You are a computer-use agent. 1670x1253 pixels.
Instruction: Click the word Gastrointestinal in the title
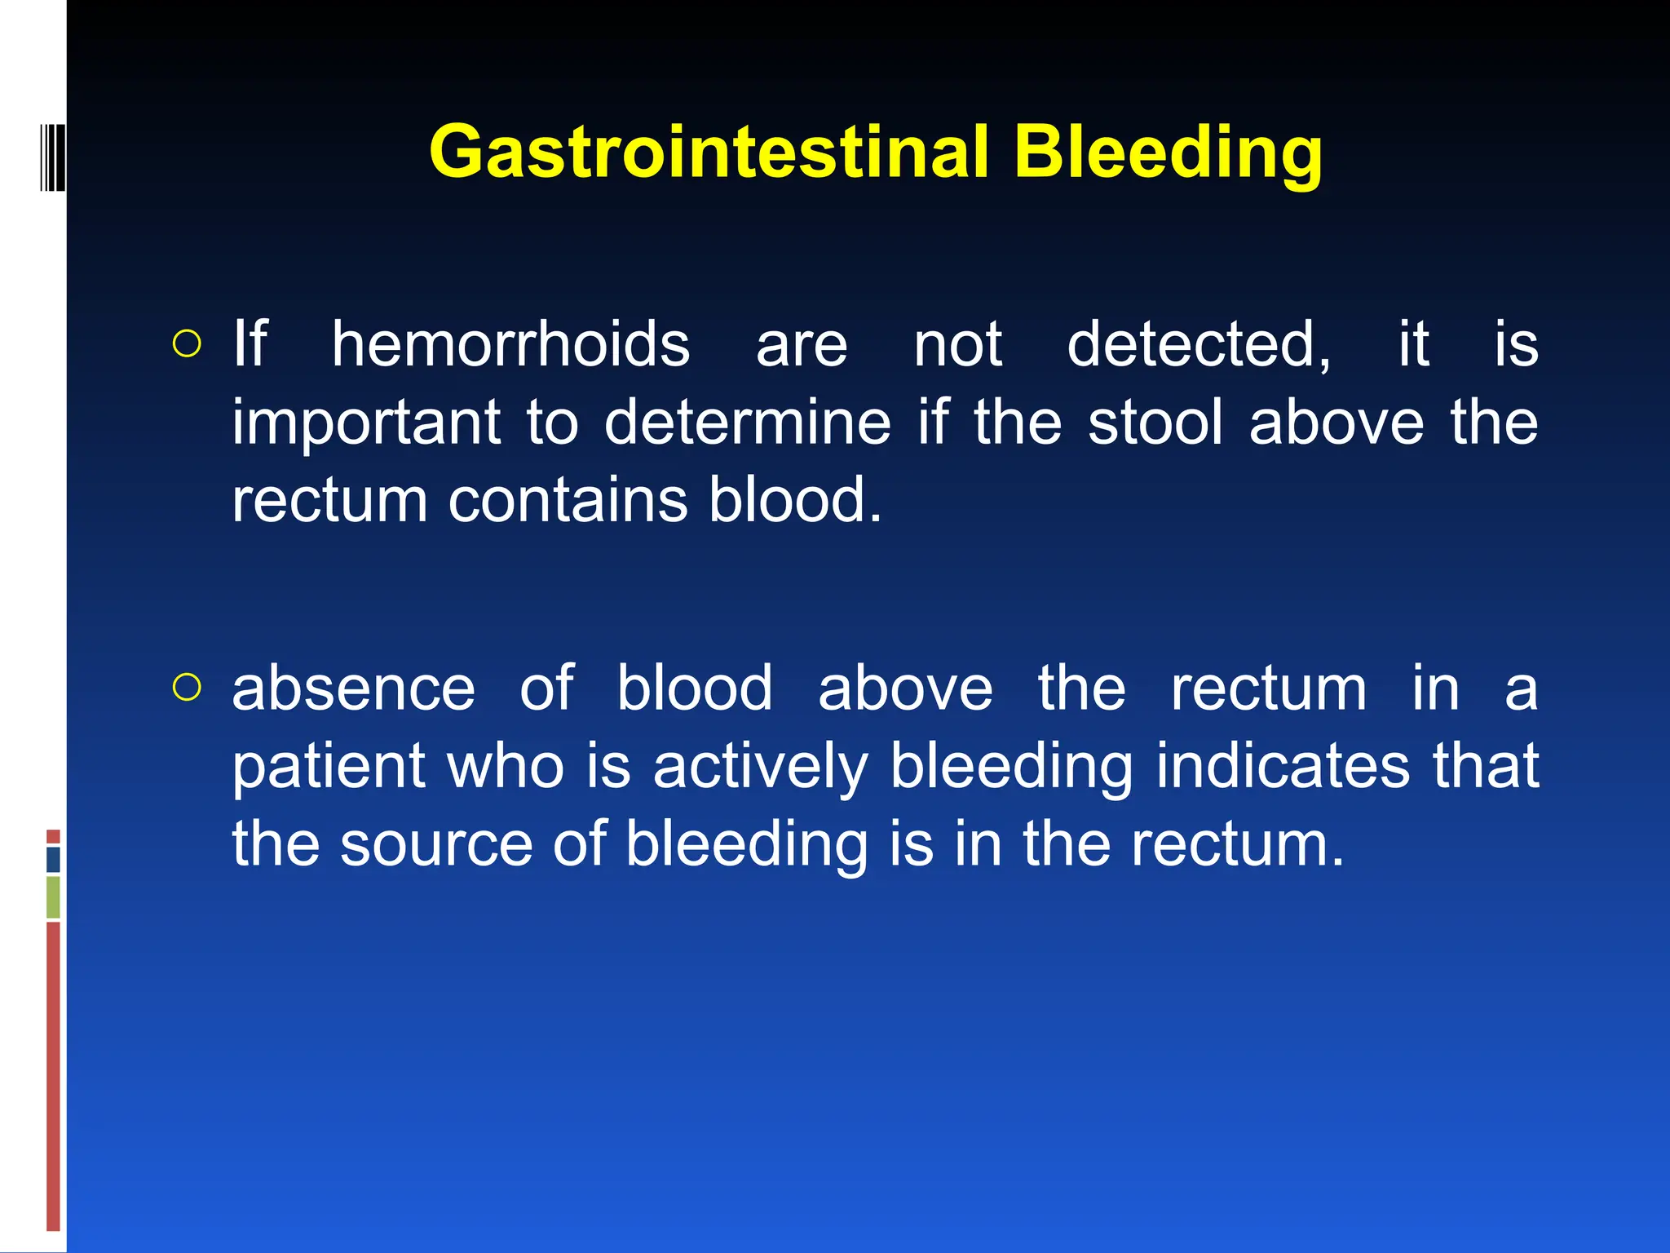708,153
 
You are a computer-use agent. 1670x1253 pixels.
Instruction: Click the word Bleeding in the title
1168,153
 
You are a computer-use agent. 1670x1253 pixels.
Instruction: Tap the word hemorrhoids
510,344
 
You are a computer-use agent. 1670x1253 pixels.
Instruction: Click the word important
366,423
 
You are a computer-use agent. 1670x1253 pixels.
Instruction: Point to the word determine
747,423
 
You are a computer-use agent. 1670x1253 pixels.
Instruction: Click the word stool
1155,423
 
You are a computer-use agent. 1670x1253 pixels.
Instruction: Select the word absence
353,689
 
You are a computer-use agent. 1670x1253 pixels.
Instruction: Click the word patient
329,767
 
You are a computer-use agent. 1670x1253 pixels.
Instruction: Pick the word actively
760,767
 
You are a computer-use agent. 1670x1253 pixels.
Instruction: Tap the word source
436,844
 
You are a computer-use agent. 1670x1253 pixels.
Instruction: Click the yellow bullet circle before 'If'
187,344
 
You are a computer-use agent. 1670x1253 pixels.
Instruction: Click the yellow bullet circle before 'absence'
187,688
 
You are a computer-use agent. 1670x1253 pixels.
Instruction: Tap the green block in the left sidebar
53,897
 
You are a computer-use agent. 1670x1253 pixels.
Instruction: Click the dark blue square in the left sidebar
53,859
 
